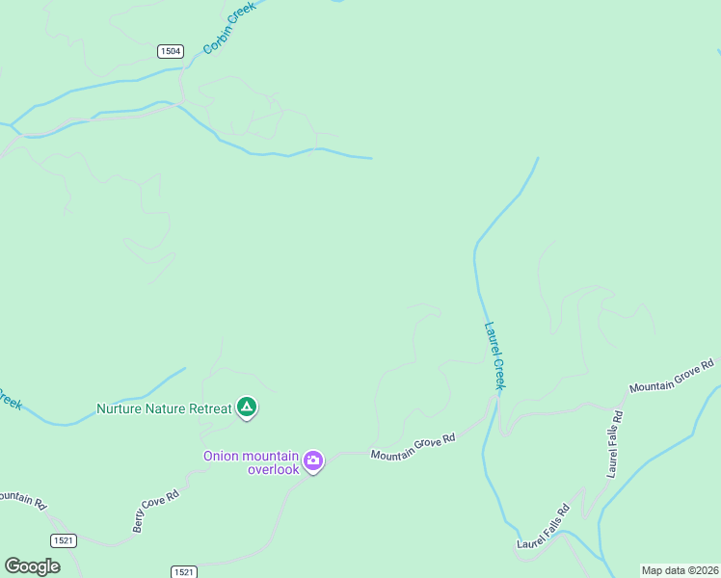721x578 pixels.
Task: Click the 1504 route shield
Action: (170, 51)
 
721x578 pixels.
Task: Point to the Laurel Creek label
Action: (494, 355)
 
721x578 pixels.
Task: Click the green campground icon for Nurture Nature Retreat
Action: (247, 407)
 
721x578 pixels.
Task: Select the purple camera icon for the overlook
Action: (313, 461)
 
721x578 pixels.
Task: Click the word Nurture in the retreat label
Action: (120, 408)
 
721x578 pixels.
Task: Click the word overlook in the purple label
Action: (274, 469)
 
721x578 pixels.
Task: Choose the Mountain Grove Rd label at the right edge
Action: (672, 375)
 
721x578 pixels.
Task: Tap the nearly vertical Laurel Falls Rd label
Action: (615, 444)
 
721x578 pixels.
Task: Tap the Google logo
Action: (32, 565)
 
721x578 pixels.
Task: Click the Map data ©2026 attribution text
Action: (680, 570)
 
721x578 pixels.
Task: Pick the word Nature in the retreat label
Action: (170, 408)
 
